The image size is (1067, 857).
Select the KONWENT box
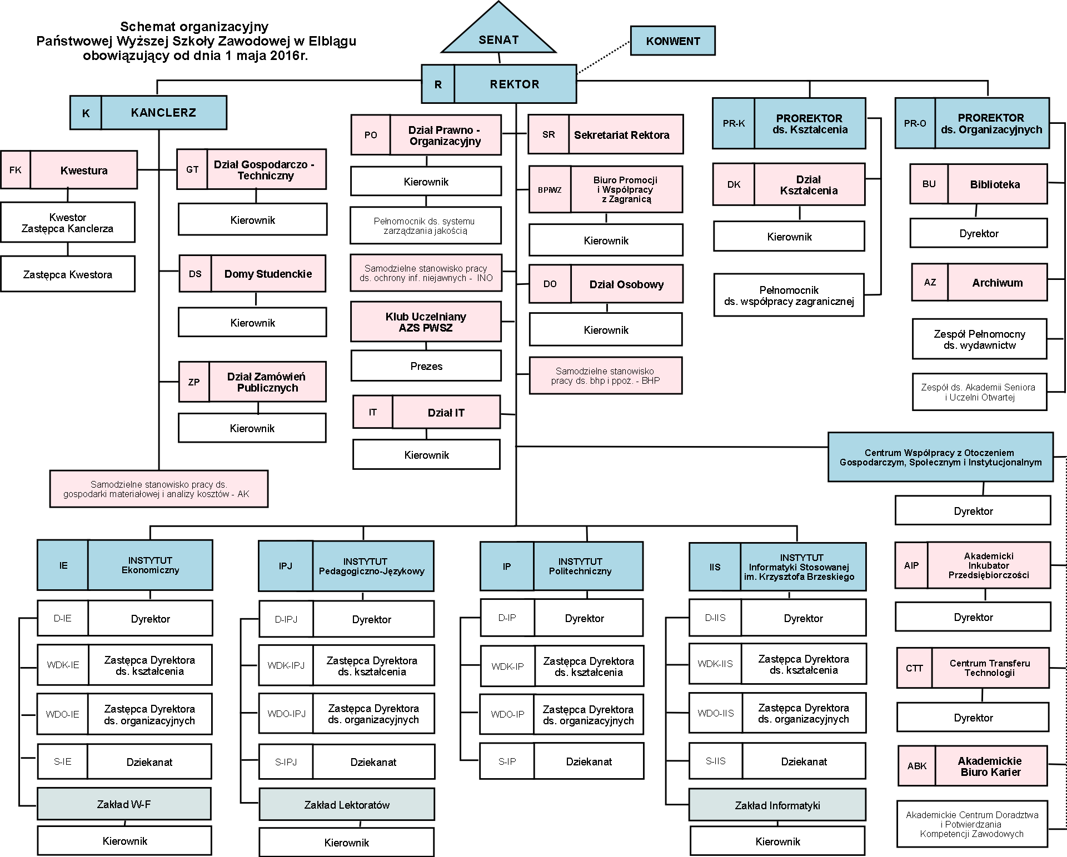point(672,41)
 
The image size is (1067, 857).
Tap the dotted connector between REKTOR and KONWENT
point(603,57)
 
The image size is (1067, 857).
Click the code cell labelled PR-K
point(734,123)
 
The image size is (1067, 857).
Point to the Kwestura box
point(84,171)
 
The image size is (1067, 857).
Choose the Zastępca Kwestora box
point(68,274)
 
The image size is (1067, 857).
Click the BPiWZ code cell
point(550,190)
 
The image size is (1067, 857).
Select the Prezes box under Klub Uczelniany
point(426,366)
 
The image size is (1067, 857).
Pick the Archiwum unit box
point(997,283)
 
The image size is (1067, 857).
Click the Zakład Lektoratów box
point(347,805)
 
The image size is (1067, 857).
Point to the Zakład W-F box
point(124,804)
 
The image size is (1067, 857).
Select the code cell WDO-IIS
point(715,713)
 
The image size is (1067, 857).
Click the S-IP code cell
point(507,761)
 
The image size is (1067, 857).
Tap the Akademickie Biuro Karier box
point(991,766)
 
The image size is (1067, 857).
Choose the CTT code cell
point(914,668)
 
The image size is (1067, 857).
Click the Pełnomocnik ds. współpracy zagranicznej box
point(789,295)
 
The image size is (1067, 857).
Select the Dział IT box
point(446,413)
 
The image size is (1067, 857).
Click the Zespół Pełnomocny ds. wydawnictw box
point(979,339)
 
